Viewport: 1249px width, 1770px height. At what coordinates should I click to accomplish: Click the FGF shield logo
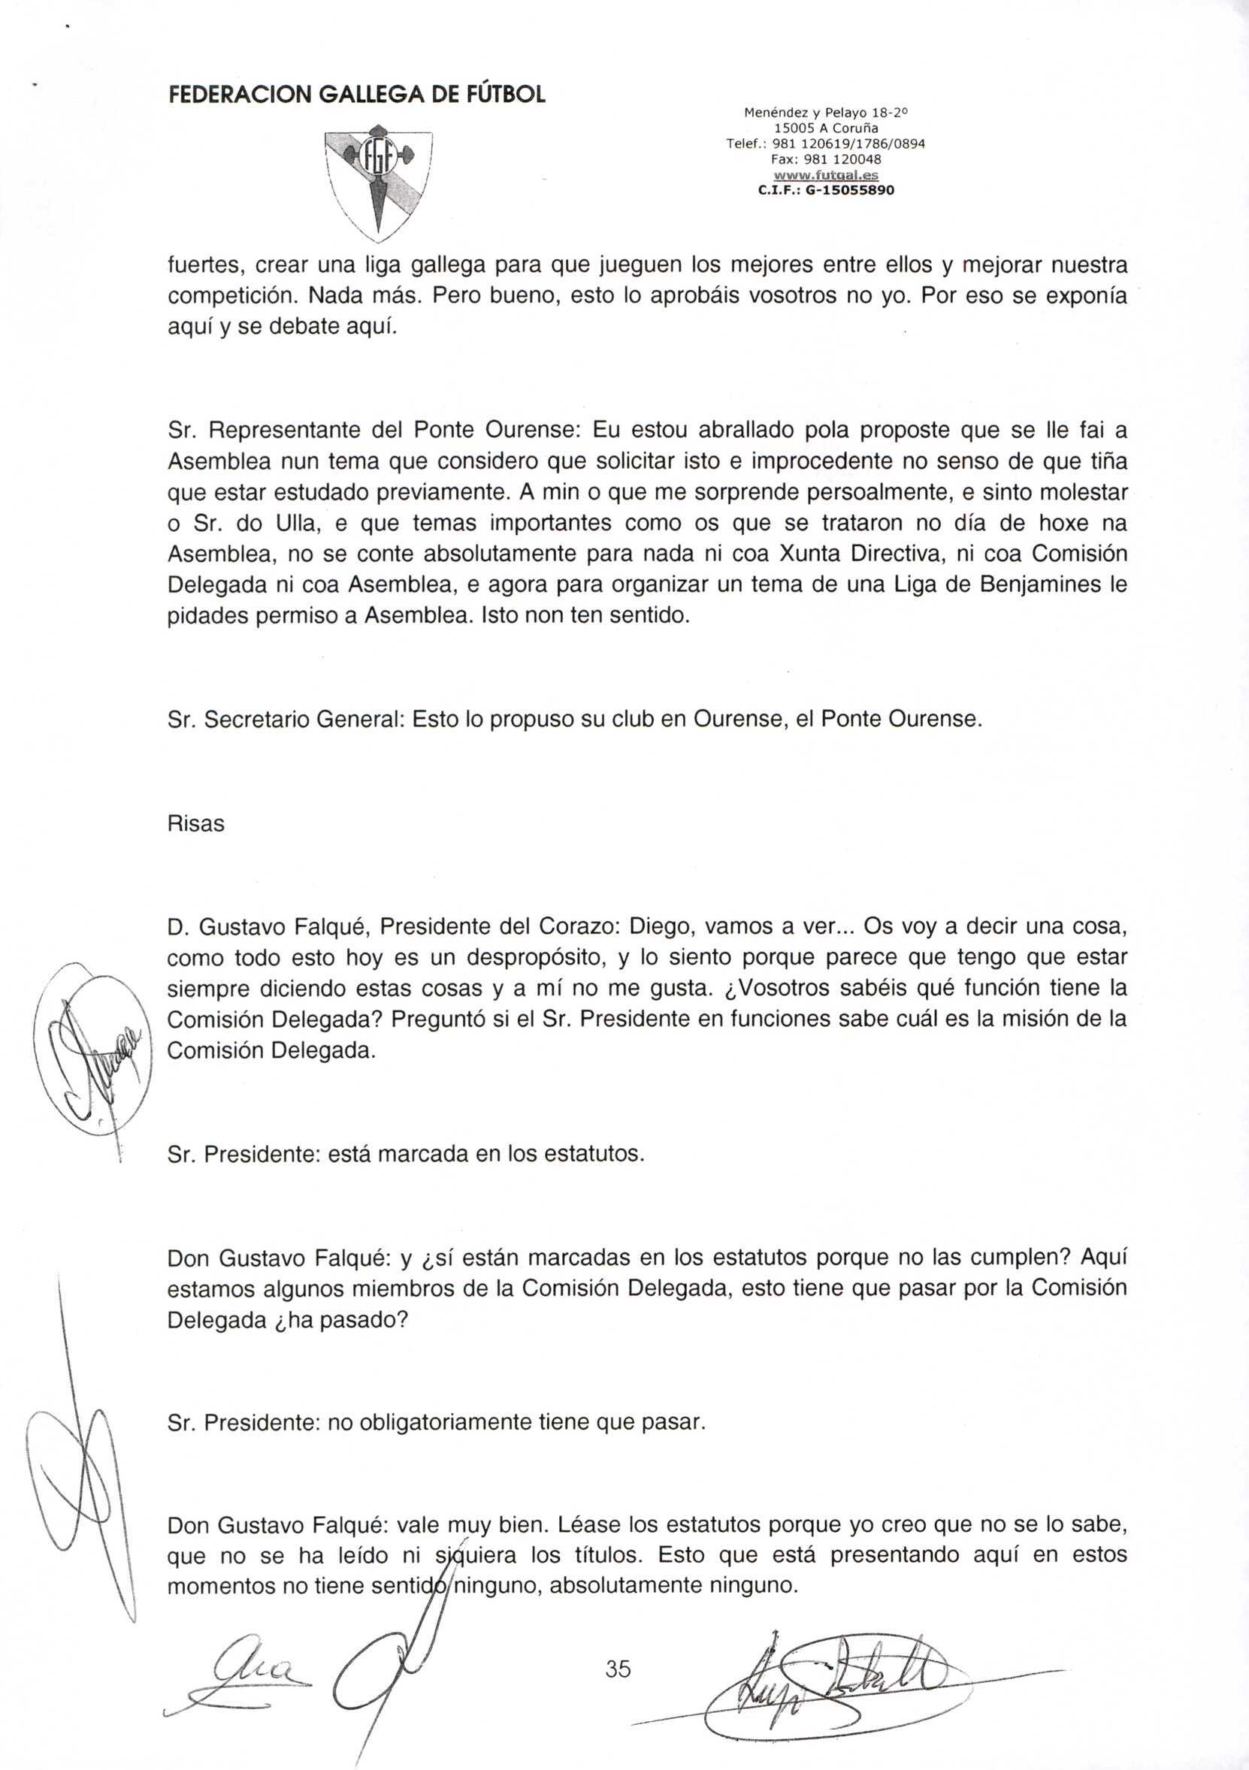pos(378,180)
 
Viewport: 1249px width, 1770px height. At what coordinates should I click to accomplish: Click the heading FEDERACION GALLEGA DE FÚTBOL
pos(357,95)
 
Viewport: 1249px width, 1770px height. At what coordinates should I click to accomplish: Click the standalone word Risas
pos(196,824)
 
